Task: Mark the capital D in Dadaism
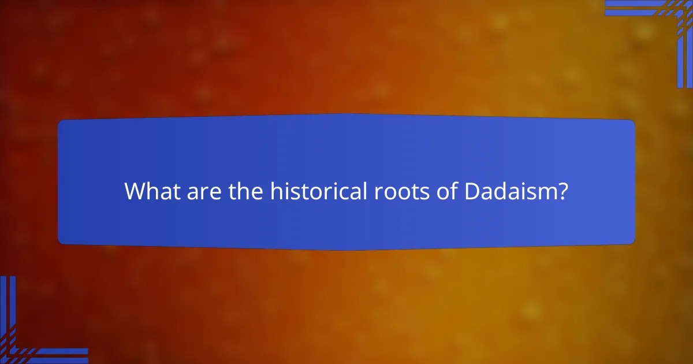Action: pyautogui.click(x=473, y=192)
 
